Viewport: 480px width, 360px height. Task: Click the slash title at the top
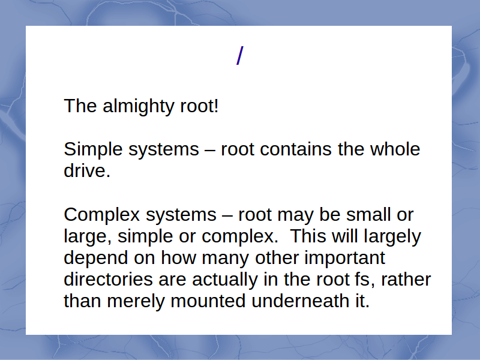[240, 55]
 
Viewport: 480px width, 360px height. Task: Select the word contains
[296, 149]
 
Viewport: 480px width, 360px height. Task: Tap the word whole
[395, 149]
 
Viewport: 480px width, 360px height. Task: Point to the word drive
[87, 170]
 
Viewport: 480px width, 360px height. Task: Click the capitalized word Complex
[101, 215]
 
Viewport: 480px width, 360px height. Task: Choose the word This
[308, 236]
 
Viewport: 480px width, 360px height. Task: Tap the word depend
[96, 259]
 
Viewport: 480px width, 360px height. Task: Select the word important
[344, 258]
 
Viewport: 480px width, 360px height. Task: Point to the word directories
[109, 279]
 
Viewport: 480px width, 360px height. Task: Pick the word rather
[406, 279]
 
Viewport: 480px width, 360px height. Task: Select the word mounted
[208, 301]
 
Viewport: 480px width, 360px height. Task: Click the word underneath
[301, 301]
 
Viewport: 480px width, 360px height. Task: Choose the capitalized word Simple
[93, 150]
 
